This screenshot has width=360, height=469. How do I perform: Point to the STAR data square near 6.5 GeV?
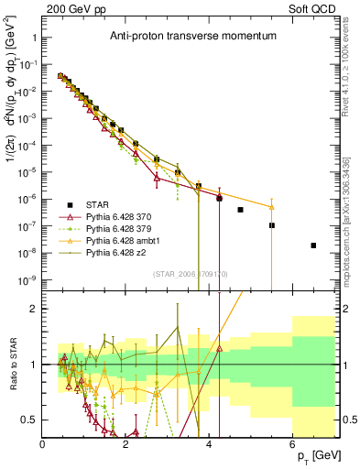pyautogui.click(x=313, y=245)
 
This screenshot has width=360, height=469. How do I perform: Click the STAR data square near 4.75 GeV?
pyautogui.click(x=240, y=210)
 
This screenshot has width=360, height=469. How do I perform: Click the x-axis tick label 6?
pyautogui.click(x=292, y=444)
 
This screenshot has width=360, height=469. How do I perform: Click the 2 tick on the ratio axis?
pyautogui.click(x=35, y=309)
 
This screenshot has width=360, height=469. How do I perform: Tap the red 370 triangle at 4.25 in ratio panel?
pyautogui.click(x=219, y=348)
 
